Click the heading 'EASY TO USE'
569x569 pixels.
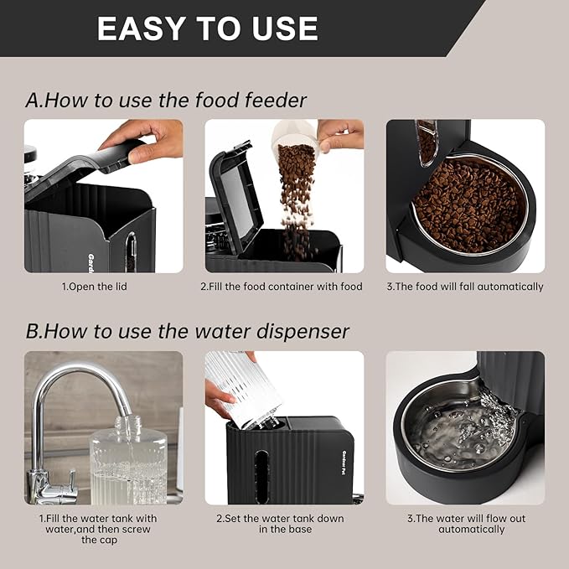pyautogui.click(x=207, y=28)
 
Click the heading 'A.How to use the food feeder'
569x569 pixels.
pyautogui.click(x=166, y=101)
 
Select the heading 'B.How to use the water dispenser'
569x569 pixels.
pyautogui.click(x=187, y=330)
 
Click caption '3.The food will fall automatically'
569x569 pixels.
pyautogui.click(x=465, y=287)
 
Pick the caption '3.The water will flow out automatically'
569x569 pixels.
pyautogui.click(x=465, y=524)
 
